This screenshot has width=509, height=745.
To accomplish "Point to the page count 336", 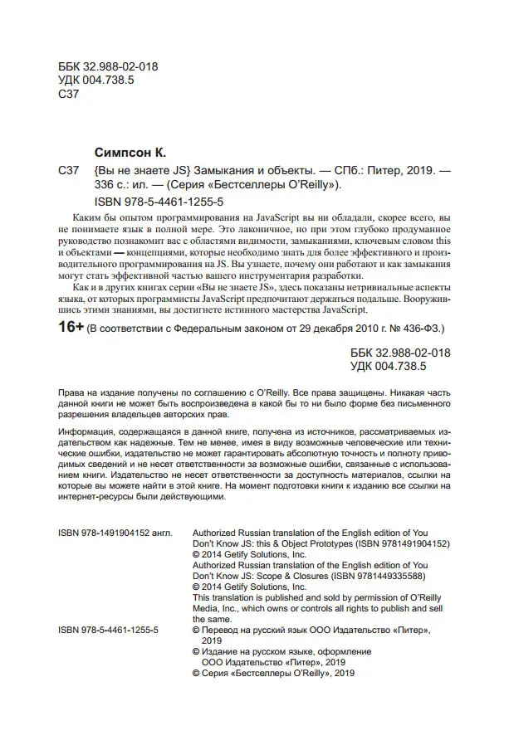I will tap(109, 187).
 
